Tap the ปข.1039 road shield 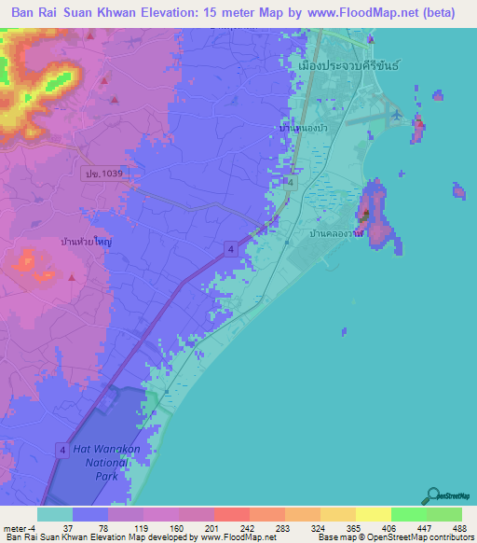(96, 174)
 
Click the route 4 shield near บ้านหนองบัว (291, 183)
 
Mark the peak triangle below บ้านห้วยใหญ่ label (72, 276)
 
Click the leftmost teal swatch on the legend (55, 514)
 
